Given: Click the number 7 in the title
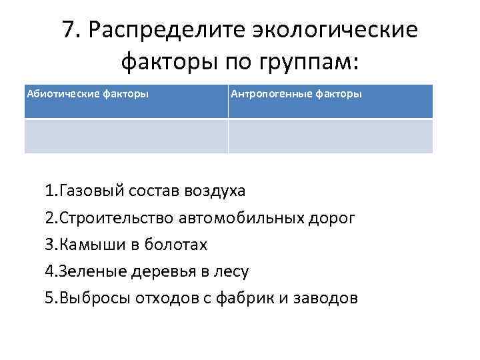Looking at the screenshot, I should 68,30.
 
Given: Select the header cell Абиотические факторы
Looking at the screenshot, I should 126,101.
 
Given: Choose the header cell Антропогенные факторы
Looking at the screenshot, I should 330,101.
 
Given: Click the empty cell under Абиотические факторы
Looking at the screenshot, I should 126,136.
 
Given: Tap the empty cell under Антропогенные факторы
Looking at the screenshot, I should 330,136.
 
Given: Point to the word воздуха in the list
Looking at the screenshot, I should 215,191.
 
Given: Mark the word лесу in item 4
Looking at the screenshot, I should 231,271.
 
